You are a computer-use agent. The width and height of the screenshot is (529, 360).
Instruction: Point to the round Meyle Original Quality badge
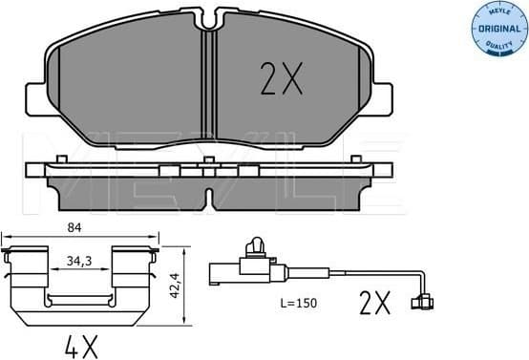click(x=497, y=29)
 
